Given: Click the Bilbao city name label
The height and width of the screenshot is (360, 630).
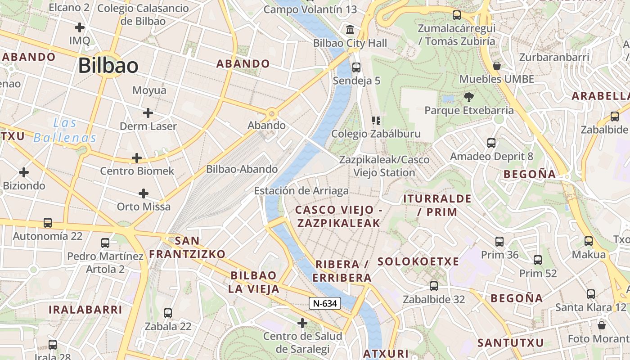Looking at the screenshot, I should [x=108, y=66].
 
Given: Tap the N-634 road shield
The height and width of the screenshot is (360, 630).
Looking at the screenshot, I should [x=325, y=303].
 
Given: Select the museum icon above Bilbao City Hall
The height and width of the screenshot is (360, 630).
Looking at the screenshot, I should [x=350, y=30].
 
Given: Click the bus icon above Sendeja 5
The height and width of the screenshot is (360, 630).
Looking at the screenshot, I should [x=356, y=67].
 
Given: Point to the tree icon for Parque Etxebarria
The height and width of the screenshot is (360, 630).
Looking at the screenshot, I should [x=468, y=97].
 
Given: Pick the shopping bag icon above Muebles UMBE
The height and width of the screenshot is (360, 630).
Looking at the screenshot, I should [x=497, y=66].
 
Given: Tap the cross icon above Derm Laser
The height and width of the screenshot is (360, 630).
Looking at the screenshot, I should [x=148, y=112].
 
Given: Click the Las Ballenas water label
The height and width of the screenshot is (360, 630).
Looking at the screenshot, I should [x=65, y=130].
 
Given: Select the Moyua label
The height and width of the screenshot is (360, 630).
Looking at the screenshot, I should [x=149, y=90].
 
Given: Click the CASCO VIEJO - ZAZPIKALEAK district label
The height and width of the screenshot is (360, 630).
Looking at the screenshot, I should [x=338, y=216].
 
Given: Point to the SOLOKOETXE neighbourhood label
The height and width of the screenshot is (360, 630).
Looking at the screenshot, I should [x=418, y=261].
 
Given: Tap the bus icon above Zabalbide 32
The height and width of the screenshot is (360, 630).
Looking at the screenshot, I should [x=433, y=286].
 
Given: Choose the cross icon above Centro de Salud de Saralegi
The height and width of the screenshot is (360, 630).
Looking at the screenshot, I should [x=302, y=323].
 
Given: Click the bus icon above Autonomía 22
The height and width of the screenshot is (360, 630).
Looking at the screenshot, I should [x=47, y=222].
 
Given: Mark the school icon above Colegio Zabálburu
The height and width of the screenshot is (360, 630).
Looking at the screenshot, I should [x=376, y=120].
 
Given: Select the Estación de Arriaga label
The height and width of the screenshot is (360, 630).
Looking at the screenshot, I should [x=301, y=191].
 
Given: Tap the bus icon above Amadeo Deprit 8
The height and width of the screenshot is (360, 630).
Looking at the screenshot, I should [x=491, y=143].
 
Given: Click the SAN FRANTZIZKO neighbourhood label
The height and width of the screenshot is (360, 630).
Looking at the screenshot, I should [x=187, y=247].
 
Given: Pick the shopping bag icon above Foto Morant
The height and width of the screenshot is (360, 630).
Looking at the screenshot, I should [x=601, y=325].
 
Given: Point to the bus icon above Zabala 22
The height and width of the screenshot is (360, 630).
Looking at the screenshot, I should [x=168, y=313].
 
